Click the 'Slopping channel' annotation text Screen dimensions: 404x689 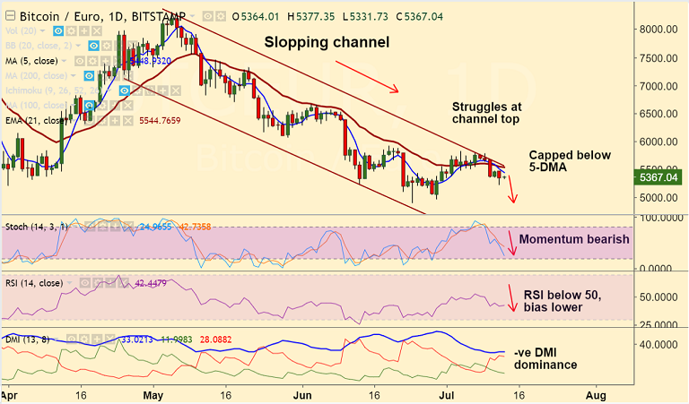point(327,42)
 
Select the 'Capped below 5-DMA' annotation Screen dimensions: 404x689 point(570,161)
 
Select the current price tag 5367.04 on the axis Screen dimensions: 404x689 point(657,177)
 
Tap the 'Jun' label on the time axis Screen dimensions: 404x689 point(302,392)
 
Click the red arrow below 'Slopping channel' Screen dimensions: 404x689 point(366,76)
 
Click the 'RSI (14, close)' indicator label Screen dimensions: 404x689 point(34,284)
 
